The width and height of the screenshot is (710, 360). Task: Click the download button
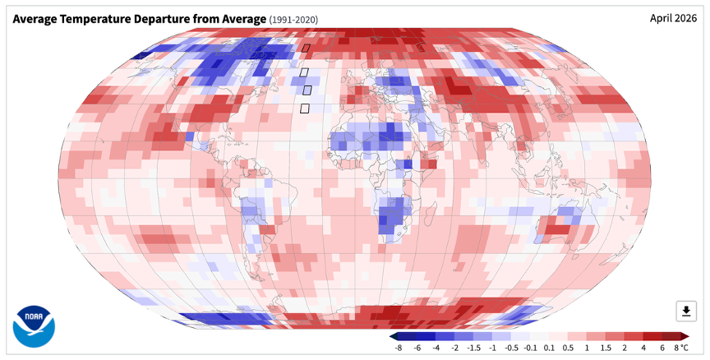pos(686,311)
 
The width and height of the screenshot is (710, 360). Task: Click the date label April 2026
pos(673,19)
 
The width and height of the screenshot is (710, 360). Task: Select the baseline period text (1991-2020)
pos(293,20)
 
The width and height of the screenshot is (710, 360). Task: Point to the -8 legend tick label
pos(399,348)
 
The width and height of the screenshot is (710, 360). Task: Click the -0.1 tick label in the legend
pos(530,348)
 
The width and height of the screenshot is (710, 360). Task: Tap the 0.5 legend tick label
pos(568,348)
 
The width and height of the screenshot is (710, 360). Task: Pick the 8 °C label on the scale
pos(681,348)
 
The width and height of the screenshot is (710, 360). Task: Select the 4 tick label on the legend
pos(643,348)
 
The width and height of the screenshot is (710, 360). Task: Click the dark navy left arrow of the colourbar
pos(394,336)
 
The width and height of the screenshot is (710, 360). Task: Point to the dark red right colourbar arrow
pos(685,336)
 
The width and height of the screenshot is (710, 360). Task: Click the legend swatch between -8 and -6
pos(408,336)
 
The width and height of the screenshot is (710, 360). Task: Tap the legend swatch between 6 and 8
pos(671,336)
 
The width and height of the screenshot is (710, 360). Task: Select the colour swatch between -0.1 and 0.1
pos(539,336)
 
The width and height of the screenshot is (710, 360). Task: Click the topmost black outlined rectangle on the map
pos(306,48)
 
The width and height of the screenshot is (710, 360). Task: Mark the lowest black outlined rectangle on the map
pos(305,108)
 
